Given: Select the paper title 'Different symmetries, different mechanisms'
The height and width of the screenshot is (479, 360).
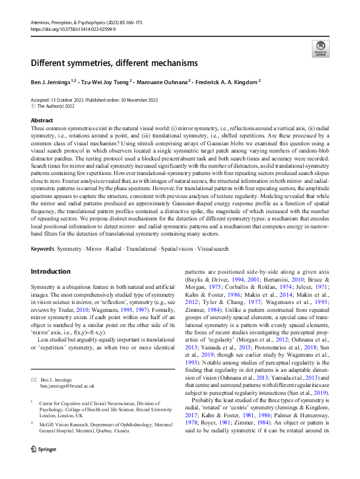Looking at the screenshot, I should pos(114,63).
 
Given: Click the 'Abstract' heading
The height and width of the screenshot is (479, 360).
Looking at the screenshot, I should pos(42,121).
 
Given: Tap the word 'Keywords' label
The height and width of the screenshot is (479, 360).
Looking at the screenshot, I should pos(42,249).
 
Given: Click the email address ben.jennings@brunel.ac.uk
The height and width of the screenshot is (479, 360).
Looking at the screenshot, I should pos(67,368).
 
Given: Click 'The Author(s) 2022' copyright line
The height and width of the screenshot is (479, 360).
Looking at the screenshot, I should pos(58,106).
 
